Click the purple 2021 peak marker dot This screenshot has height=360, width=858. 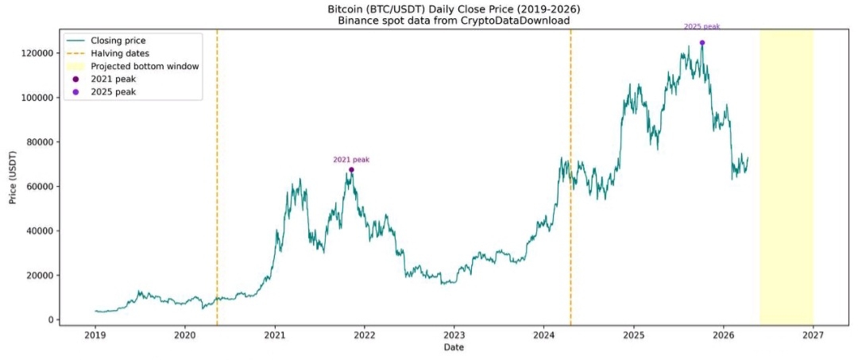[x=351, y=169]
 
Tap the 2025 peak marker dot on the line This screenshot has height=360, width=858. [x=702, y=43]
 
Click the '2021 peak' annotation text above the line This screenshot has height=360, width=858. [x=351, y=160]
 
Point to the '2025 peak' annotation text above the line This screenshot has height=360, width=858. [x=702, y=26]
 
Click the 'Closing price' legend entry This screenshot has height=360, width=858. [x=118, y=40]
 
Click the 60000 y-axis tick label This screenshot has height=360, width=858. [x=39, y=187]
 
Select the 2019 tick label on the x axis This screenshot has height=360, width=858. [x=95, y=335]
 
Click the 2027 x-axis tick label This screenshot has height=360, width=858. [x=813, y=335]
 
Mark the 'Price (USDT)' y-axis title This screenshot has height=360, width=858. [x=13, y=176]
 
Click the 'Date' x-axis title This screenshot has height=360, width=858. [x=454, y=347]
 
